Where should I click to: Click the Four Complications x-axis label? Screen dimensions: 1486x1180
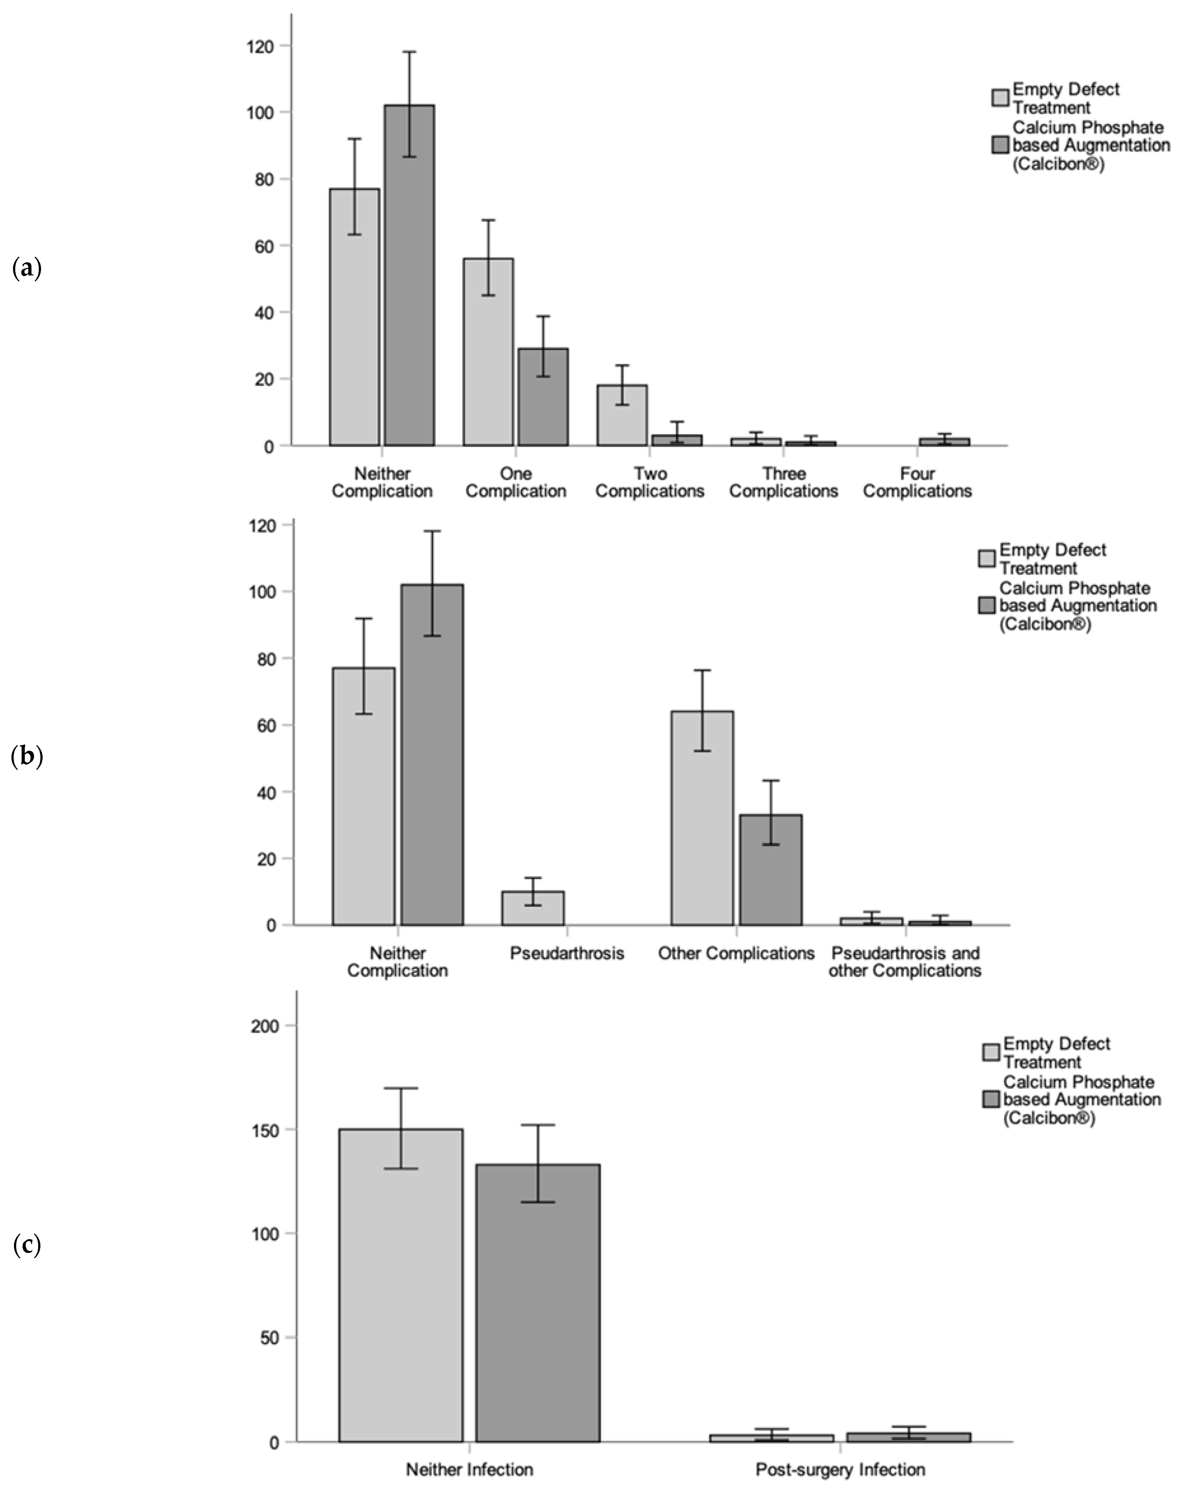point(917,482)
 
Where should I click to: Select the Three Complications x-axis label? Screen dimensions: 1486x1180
point(783,482)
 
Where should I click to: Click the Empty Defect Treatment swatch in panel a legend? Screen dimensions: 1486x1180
point(1000,98)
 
